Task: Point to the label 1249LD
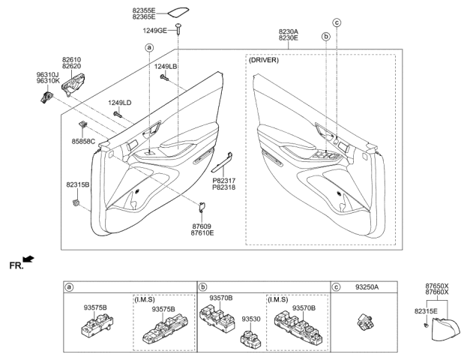119,102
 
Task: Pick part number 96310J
48,76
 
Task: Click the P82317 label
224,180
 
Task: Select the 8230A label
287,33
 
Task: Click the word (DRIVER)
264,60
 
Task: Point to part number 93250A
366,286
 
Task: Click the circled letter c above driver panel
337,22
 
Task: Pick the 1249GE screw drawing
179,28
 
